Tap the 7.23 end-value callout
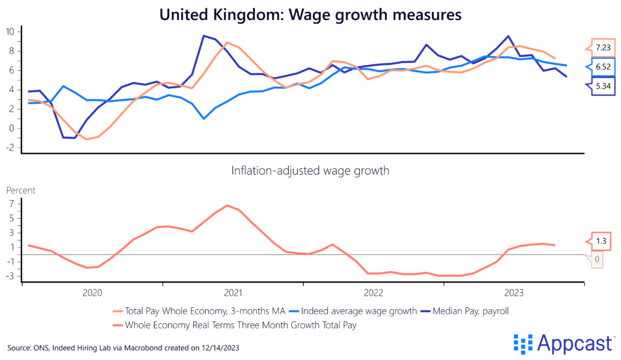point(603,47)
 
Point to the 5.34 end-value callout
point(603,85)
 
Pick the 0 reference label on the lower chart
point(597,259)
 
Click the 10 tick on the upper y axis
point(10,32)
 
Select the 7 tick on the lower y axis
point(11,204)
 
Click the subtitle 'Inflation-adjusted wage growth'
point(310,171)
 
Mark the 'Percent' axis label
point(21,190)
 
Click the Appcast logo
point(562,344)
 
